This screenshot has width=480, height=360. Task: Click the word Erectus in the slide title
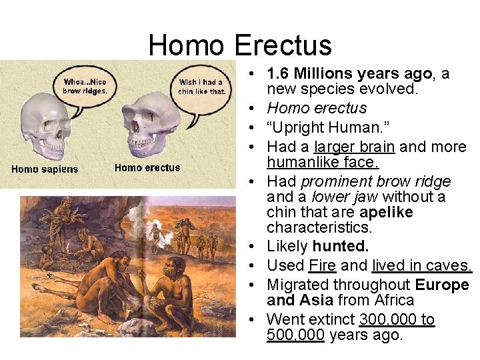pos(283,45)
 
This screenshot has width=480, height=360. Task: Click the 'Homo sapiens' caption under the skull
pos(45,169)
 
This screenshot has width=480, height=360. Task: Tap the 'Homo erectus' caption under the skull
pos(147,168)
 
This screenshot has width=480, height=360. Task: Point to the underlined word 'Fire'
pos(322,265)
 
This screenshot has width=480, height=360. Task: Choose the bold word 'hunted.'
pos(340,246)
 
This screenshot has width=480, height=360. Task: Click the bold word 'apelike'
pos(386,213)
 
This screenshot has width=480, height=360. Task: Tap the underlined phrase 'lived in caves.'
pos(422,265)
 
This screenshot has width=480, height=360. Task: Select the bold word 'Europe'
pos(441,285)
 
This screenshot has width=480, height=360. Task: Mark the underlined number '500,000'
pos(295,335)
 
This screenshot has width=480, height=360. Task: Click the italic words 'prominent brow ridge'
pos(376,181)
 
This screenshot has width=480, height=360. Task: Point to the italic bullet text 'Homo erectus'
pos(317,108)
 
